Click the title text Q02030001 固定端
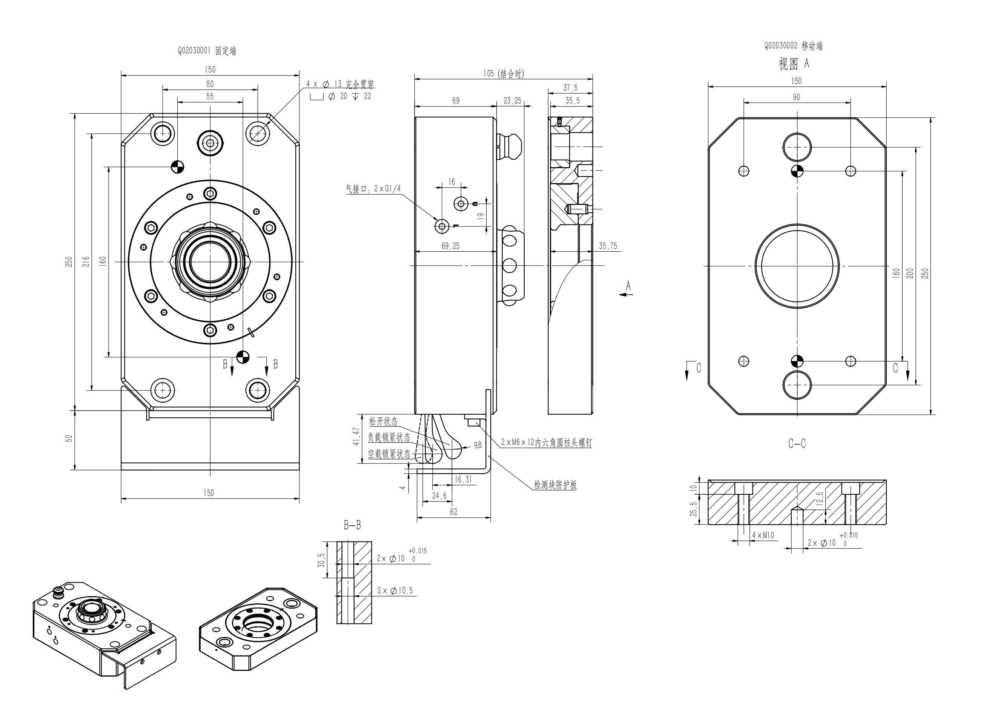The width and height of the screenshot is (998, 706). [x=207, y=51]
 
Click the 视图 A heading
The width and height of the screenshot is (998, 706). [x=794, y=64]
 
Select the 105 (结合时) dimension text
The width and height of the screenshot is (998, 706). [x=504, y=74]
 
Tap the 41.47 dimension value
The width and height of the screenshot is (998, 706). [x=356, y=437]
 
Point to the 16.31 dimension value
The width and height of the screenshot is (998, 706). [x=463, y=480]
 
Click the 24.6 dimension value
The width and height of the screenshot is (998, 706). [x=439, y=495]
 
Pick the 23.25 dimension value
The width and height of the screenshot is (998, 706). [x=512, y=101]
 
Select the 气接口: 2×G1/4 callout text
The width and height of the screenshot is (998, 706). [x=373, y=189]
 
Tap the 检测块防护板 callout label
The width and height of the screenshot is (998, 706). [x=555, y=485]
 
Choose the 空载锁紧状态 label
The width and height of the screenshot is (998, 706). [x=389, y=454]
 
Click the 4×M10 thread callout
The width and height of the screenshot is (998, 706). [x=763, y=535]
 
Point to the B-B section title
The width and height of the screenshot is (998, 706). [x=352, y=525]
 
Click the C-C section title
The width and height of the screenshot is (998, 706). [x=797, y=443]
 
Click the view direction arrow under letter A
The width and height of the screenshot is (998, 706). [x=626, y=295]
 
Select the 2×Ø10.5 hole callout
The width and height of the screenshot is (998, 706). [x=395, y=591]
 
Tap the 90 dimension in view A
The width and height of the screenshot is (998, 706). [x=796, y=97]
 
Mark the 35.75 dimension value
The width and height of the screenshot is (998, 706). [x=608, y=246]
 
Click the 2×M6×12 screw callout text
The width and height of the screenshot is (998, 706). [x=546, y=443]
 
